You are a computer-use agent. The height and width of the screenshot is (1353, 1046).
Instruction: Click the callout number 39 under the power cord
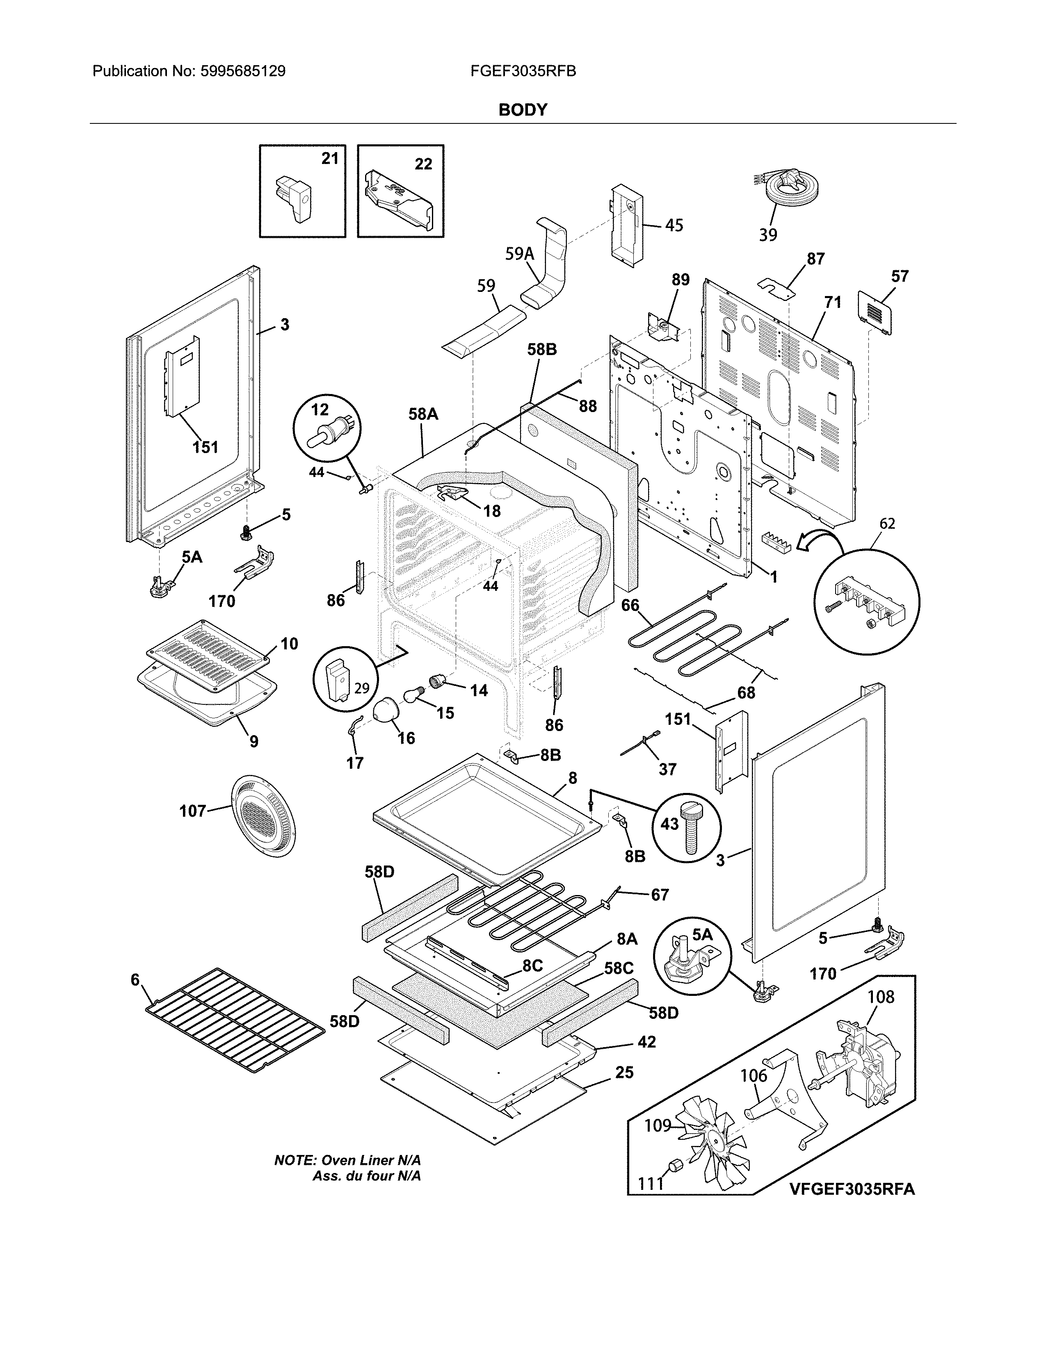coord(768,235)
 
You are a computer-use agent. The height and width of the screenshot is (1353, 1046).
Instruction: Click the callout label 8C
coord(532,965)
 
